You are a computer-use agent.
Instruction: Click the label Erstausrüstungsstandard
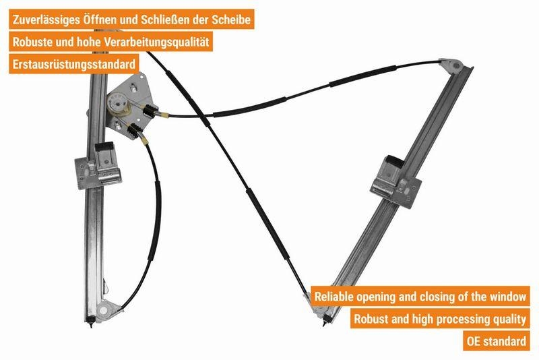pos(74,64)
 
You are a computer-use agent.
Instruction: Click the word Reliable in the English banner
pos(334,296)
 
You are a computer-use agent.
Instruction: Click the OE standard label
pos(496,341)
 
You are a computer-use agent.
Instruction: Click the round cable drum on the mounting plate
pos(116,102)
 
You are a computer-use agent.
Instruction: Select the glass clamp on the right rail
pos(395,181)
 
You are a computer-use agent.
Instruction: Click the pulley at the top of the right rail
pos(453,65)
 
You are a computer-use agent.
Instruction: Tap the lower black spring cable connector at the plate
pos(134,130)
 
